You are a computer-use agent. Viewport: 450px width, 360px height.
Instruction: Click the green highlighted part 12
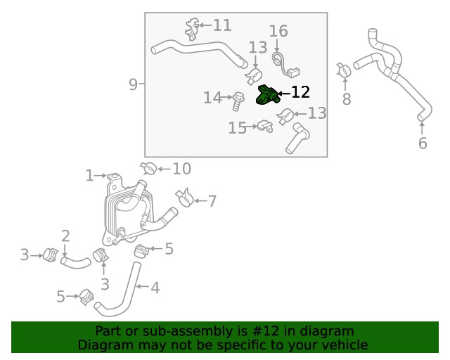266,95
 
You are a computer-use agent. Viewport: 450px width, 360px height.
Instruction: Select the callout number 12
300,92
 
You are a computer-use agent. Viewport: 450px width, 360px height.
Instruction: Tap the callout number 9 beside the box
134,84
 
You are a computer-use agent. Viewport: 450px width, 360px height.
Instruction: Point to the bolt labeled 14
238,101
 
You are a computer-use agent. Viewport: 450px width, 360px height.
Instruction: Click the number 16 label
278,31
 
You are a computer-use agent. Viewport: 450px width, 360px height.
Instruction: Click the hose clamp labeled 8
344,70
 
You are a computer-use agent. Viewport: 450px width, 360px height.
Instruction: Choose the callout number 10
181,168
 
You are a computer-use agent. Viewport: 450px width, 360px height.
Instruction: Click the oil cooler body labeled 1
127,207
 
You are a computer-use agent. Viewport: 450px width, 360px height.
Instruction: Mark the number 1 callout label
89,175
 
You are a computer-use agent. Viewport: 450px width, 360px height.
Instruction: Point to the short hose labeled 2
75,262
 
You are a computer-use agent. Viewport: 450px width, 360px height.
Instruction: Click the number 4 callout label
155,286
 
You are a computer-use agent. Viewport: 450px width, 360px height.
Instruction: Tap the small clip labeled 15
264,127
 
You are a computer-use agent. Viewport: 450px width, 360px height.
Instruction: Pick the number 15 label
237,127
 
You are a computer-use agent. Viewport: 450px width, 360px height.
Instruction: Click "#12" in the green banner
267,331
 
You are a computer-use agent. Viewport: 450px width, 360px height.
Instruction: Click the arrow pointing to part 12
283,93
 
